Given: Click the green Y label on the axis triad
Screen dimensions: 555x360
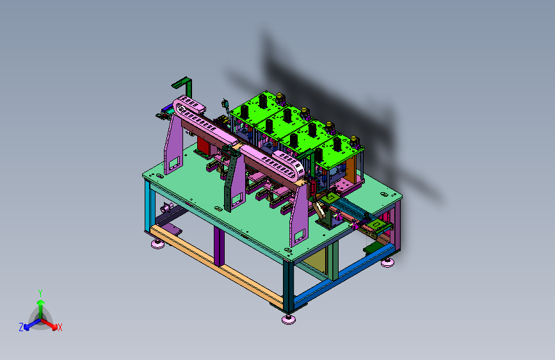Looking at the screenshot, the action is [x=40, y=293].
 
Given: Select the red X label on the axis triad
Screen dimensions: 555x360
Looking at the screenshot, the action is [x=60, y=327].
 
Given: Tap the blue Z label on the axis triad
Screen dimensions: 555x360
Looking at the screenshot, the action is [x=21, y=327].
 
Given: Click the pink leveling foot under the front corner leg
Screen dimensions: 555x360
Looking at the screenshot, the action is [x=289, y=319].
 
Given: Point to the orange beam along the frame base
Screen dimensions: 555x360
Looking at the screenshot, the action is [x=216, y=266].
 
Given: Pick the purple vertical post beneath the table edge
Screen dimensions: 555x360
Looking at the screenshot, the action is [x=219, y=246].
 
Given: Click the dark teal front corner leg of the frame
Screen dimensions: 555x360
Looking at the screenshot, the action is [x=288, y=286].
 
